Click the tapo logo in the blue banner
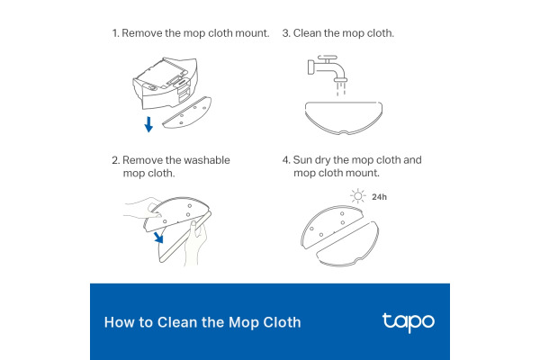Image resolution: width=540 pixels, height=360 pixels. coord(408,321)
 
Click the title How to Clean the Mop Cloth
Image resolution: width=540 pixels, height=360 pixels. coord(202,322)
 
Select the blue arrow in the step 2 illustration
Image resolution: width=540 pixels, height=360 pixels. coord(158,237)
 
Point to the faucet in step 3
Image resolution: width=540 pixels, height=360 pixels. coord(325,67)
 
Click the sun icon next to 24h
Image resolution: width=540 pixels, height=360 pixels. coord(357,195)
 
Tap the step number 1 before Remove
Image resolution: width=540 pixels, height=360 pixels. coord(114,33)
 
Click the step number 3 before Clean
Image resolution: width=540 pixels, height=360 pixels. coord(285,33)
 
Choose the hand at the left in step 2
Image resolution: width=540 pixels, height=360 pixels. coord(136,213)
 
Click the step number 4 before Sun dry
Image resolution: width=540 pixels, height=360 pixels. coord(286,160)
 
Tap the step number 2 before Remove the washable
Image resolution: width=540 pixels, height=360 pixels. coord(114,160)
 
